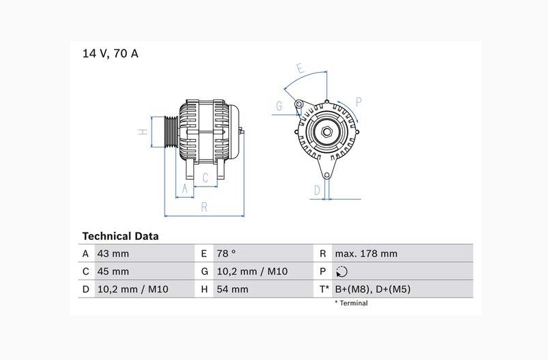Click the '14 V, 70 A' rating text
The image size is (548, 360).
[110, 53]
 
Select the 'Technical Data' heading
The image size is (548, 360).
[120, 236]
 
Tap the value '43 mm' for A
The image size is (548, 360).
[113, 254]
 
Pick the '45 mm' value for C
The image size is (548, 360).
[113, 272]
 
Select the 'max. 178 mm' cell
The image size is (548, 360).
[366, 254]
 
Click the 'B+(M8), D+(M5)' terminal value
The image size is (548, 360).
[372, 289]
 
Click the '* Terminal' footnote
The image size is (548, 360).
[351, 303]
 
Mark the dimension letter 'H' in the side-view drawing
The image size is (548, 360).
[143, 132]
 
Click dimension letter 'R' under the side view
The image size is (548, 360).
[204, 208]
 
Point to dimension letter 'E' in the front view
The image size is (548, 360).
[300, 68]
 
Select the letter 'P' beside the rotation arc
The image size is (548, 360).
[359, 102]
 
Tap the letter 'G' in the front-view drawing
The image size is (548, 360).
[279, 106]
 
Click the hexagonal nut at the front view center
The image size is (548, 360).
[325, 131]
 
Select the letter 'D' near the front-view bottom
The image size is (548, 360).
[317, 190]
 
